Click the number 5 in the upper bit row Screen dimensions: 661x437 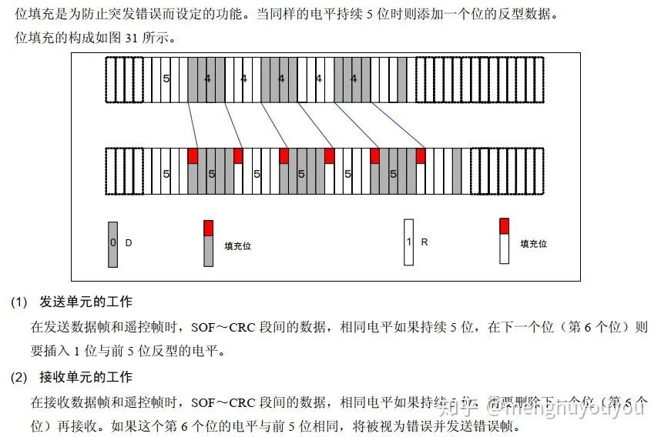[166, 78]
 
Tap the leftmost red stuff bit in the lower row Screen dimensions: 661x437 [193, 156]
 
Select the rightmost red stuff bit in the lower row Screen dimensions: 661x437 [421, 156]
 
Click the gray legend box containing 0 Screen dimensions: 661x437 [113, 244]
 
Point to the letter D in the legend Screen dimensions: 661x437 [129, 243]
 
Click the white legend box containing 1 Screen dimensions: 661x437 [408, 242]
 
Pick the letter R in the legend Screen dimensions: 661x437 [424, 242]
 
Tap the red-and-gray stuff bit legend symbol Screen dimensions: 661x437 [208, 243]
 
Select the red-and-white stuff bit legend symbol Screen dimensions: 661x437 [504, 241]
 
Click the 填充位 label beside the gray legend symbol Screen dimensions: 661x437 [238, 246]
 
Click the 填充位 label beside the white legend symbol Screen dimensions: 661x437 [533, 244]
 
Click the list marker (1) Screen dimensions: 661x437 [18, 302]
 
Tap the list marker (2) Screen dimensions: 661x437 [18, 377]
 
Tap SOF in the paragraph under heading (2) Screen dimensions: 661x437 [203, 402]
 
